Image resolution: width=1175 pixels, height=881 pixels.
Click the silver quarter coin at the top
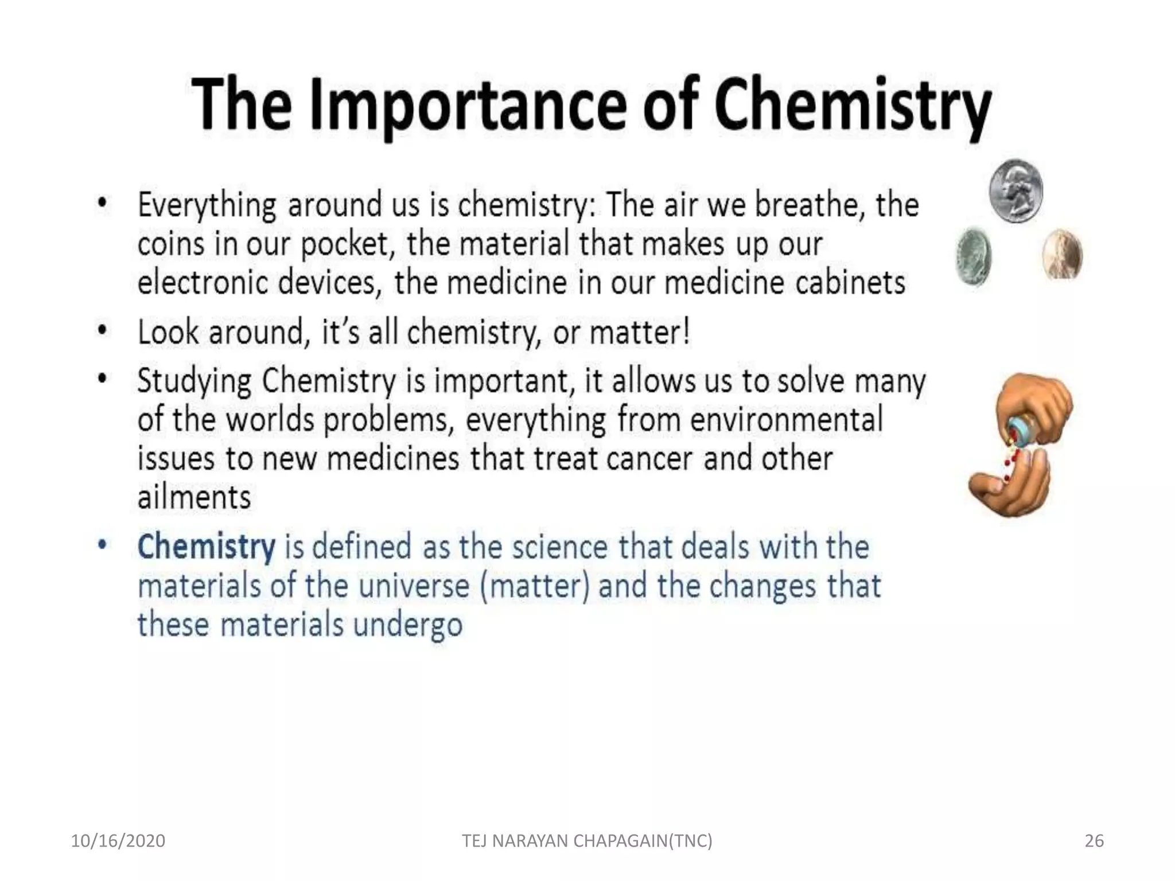pos(1016,191)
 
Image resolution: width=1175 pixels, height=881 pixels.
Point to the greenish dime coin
pos(974,256)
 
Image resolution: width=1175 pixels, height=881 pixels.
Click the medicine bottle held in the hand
pos(1020,433)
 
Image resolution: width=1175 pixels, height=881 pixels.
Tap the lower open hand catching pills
pos(1010,485)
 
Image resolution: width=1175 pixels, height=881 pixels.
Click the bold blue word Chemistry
pos(206,547)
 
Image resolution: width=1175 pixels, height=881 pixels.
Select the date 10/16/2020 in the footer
pos(118,841)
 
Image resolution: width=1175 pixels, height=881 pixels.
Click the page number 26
pos(1094,841)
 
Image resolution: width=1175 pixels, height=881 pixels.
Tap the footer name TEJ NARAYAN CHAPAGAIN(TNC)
pos(587,841)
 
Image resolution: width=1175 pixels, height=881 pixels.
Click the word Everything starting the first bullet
pos(207,206)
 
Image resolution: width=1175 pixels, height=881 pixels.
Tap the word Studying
pos(194,381)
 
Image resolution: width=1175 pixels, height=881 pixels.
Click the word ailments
pos(194,497)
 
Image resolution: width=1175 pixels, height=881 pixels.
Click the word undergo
pos(407,625)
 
